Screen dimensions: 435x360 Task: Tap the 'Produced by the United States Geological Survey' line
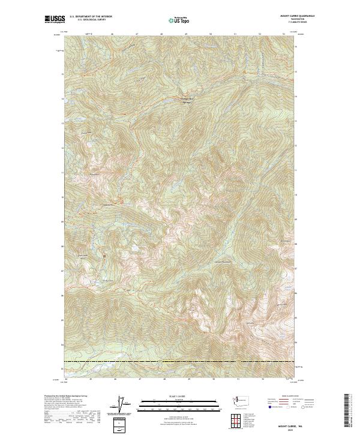(59, 397)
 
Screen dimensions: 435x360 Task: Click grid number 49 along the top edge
(186, 34)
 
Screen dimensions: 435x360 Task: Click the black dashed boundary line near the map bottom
(180, 362)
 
